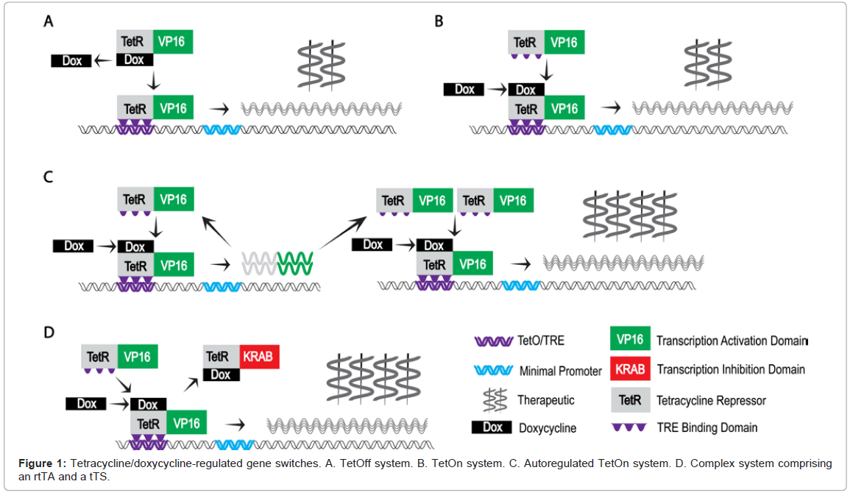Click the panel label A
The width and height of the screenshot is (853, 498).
click(49, 21)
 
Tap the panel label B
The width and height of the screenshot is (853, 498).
click(439, 21)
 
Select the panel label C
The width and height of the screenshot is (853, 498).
click(49, 178)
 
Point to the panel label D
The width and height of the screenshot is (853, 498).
click(49, 332)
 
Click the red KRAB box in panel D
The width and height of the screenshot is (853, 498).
click(259, 357)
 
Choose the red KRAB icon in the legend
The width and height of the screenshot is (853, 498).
click(630, 369)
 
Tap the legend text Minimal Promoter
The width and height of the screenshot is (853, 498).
click(561, 371)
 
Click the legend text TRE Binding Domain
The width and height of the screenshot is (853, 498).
click(707, 428)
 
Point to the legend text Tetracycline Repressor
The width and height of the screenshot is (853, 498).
click(712, 401)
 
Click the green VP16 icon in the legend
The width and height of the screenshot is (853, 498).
click(630, 340)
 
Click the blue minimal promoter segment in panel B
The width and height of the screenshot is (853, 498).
click(613, 130)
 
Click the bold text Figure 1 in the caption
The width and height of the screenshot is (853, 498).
click(43, 463)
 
